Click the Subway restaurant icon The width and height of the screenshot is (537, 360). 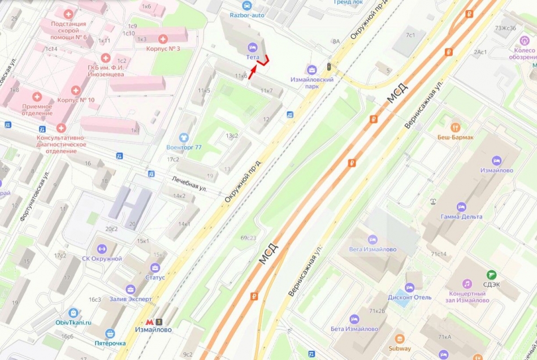[x=400, y=339]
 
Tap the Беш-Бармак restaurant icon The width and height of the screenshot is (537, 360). [x=455, y=127]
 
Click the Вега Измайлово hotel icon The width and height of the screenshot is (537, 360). [x=372, y=240]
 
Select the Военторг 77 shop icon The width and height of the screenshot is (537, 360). [x=184, y=137]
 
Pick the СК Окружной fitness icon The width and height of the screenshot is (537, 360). [x=102, y=249]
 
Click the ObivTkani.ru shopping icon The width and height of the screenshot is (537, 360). [x=73, y=313]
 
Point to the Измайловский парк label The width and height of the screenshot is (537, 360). [x=312, y=83]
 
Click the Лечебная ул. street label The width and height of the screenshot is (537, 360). [x=189, y=185]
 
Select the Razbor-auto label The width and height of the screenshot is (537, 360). [x=246, y=15]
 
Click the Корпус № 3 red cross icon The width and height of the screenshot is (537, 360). [x=163, y=38]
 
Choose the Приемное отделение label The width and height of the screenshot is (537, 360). [x=37, y=110]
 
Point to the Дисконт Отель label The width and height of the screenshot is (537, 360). [x=410, y=297]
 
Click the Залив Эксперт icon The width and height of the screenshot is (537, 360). [x=131, y=289]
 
